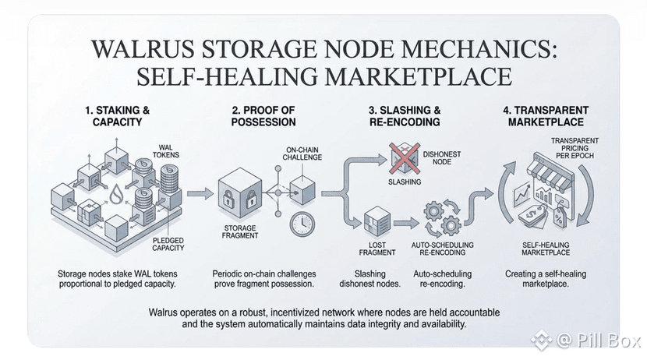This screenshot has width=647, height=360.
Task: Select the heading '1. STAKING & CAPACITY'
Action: coord(115,116)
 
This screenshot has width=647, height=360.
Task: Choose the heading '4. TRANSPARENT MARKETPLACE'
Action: coord(538,116)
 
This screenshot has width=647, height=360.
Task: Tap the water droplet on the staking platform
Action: coord(116,192)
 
